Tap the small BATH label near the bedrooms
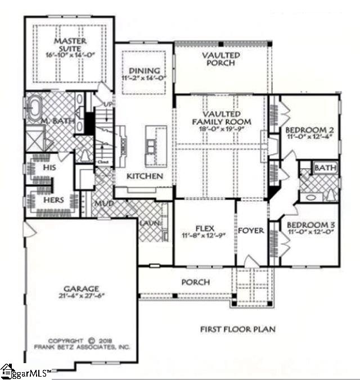[x=325, y=168]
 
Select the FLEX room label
[x=203, y=229]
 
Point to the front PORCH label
[x=195, y=282]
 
